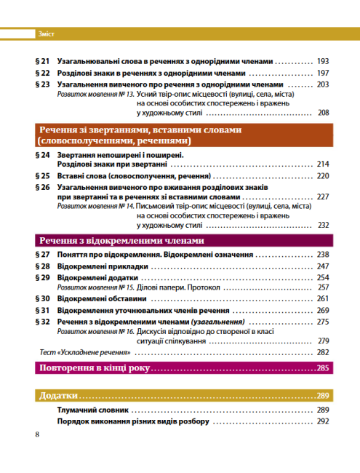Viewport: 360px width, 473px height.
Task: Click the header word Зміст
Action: click(x=46, y=33)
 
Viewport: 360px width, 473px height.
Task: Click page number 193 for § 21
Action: click(x=324, y=61)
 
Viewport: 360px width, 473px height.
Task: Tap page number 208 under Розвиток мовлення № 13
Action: click(x=324, y=112)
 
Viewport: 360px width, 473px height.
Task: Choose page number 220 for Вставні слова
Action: click(x=324, y=176)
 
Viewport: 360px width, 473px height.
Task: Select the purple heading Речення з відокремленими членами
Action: click(x=122, y=241)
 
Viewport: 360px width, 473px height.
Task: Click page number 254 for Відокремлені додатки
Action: click(x=324, y=278)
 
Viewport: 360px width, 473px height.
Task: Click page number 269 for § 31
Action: click(x=324, y=310)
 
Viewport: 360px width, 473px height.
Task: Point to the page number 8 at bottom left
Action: click(x=38, y=434)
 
